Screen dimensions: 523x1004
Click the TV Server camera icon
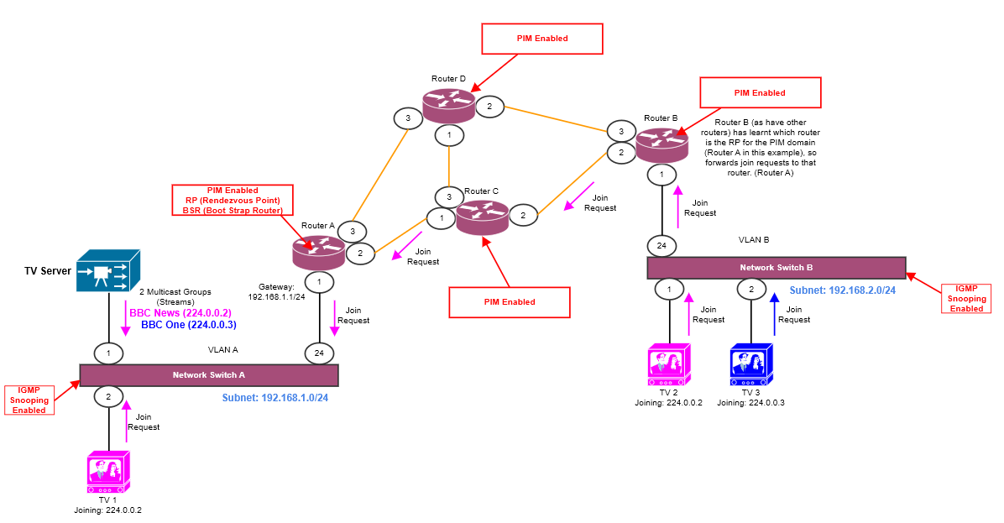[107, 270]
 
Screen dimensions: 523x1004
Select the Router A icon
[318, 249]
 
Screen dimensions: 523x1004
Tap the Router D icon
[448, 103]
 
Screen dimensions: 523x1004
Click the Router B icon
[661, 144]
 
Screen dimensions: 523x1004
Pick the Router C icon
[482, 217]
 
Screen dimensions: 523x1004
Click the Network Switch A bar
[208, 375]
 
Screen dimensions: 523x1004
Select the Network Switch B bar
[777, 268]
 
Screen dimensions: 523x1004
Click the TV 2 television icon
[669, 364]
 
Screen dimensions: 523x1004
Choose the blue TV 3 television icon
[751, 364]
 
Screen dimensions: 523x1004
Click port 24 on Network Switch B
[661, 246]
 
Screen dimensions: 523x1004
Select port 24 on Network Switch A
[319, 353]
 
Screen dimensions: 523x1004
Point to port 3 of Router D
[408, 118]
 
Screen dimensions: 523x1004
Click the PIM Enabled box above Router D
[541, 39]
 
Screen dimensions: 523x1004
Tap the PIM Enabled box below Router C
[510, 302]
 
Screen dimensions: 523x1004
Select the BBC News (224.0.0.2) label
[180, 312]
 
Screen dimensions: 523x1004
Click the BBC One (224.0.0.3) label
[188, 324]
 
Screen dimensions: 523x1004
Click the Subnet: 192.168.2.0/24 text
[842, 290]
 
